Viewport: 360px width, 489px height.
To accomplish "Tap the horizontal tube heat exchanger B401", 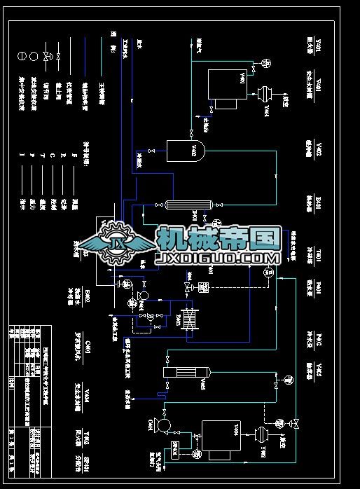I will coord(188,205).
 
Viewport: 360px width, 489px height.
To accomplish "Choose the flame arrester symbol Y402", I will coord(263,434).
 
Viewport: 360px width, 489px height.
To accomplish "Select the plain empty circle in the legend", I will coord(22,54).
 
